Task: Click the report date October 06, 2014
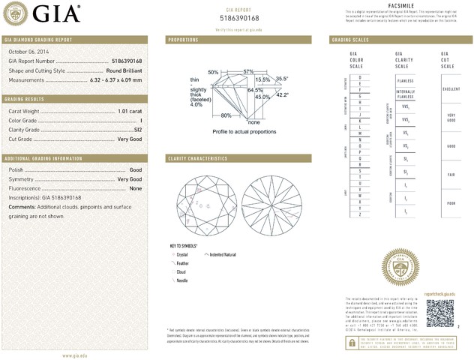click(x=27, y=52)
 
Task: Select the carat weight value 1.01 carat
click(x=130, y=110)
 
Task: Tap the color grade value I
click(x=141, y=120)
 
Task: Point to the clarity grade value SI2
click(x=138, y=130)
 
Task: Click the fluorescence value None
click(x=136, y=188)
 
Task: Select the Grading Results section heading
click(x=25, y=99)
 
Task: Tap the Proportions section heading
click(x=183, y=38)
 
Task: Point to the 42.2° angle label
click(x=283, y=95)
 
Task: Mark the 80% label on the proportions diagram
click(x=226, y=115)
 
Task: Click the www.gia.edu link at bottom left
click(x=77, y=355)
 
